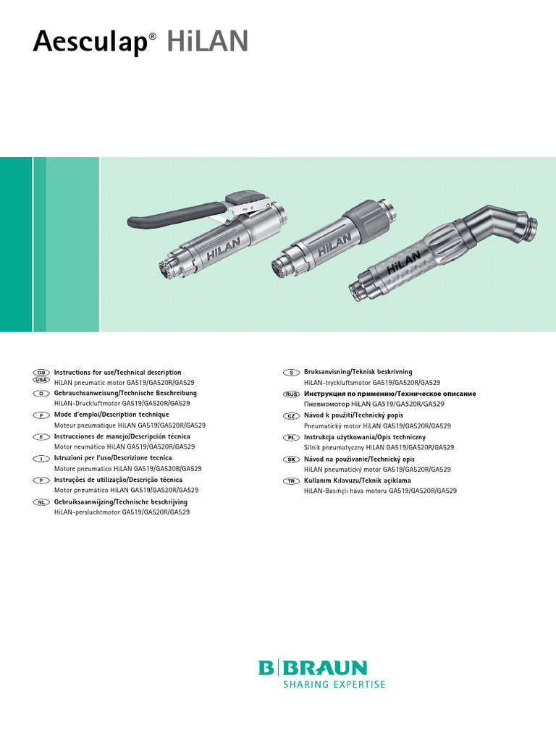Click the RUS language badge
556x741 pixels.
290,394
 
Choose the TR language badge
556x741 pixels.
290,481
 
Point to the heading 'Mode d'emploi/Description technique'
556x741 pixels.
108,415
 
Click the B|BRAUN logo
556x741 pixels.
313,667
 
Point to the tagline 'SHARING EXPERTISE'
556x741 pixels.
324,685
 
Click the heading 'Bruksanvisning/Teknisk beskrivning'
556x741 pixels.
358,372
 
